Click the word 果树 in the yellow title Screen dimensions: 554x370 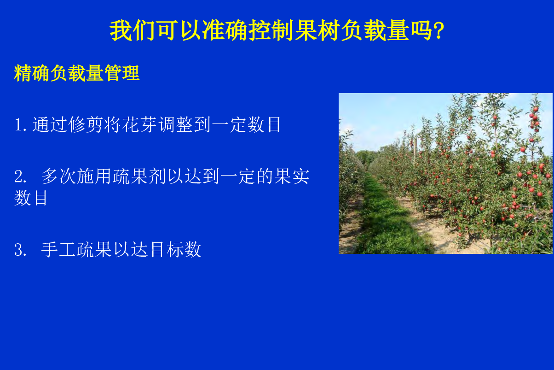[317, 30]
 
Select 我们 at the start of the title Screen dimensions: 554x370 [132, 30]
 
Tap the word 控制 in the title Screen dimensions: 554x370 [271, 30]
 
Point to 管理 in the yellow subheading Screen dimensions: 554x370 [122, 73]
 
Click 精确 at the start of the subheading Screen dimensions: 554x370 [32, 73]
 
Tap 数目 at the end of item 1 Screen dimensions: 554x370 [265, 124]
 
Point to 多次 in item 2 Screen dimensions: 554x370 [58, 176]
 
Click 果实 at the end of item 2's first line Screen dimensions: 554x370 [292, 176]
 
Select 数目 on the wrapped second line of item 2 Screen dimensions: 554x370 [31, 198]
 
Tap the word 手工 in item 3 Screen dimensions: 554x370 [58, 249]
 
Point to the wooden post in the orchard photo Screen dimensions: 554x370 [415, 151]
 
